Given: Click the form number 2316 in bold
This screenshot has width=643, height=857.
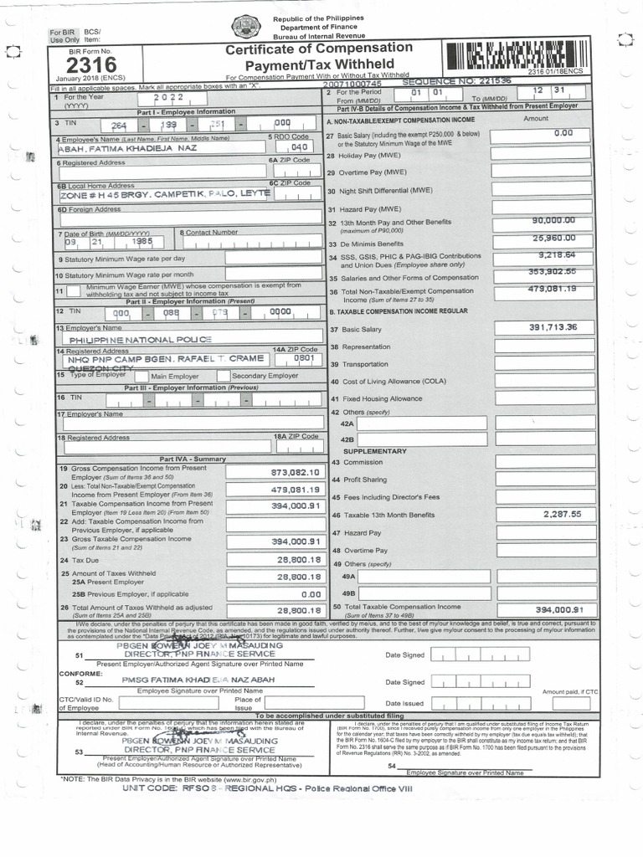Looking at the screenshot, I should [x=85, y=65].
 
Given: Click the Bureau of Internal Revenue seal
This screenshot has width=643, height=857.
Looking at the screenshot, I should [x=245, y=27].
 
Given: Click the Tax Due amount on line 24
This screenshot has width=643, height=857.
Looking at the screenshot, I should [x=299, y=559].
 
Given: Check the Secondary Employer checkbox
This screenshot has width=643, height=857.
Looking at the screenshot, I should [x=224, y=376].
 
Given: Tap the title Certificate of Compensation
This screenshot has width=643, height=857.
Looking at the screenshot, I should [x=319, y=49].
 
